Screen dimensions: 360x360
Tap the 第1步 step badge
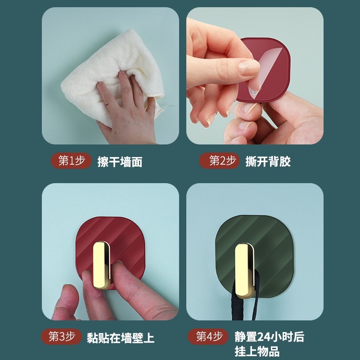point(72,161)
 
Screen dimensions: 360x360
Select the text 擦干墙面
point(120,162)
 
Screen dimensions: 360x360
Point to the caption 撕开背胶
point(268,162)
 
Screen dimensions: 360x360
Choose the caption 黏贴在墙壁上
point(120,338)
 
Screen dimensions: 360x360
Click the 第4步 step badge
point(207,336)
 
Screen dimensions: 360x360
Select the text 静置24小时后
point(269,337)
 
